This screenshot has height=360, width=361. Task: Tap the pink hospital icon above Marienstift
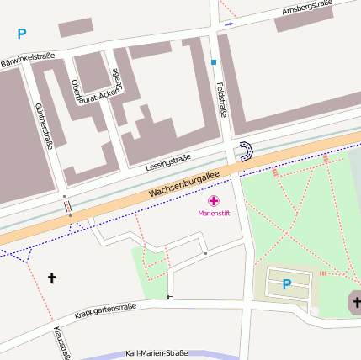tap(214, 201)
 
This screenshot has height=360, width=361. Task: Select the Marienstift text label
tap(214, 213)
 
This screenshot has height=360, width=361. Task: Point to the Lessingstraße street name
tap(167, 160)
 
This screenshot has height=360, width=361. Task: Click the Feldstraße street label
tap(223, 99)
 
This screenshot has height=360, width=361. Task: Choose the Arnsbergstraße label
tap(307, 9)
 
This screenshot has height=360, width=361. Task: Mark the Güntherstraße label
tap(44, 125)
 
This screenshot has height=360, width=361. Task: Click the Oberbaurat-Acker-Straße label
tap(92, 93)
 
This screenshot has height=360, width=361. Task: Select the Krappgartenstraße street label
tap(105, 310)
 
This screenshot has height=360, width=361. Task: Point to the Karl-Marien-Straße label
tap(156, 354)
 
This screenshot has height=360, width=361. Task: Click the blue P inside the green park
tap(286, 284)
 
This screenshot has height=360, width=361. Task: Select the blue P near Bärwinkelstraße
tap(22, 34)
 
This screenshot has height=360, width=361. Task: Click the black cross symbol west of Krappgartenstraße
tap(52, 277)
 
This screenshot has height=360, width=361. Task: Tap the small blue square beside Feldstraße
tap(214, 62)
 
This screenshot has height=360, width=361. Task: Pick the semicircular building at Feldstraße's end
tap(245, 152)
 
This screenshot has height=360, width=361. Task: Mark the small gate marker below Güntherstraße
tap(66, 204)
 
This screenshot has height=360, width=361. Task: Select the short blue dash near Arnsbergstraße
tap(229, 24)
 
